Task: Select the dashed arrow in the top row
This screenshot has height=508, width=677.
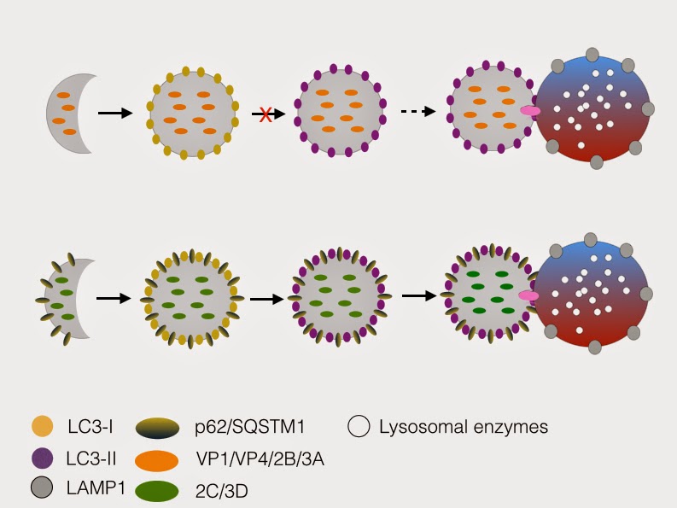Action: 418,112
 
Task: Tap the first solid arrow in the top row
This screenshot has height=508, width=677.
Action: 114,113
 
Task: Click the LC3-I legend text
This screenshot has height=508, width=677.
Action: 90,426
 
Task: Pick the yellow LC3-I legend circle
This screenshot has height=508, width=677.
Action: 40,426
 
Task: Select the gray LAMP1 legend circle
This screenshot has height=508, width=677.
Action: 40,491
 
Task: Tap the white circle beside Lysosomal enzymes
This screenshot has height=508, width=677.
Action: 361,426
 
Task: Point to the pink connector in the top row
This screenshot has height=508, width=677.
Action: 531,112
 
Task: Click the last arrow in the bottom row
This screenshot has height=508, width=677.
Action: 418,295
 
